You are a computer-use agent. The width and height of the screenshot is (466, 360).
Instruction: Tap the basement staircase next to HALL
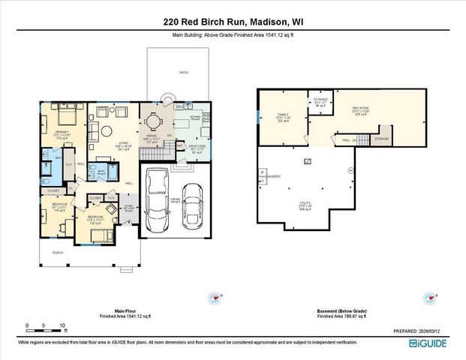coord(363,139)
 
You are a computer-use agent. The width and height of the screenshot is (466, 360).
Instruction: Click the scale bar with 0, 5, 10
coord(45,326)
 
